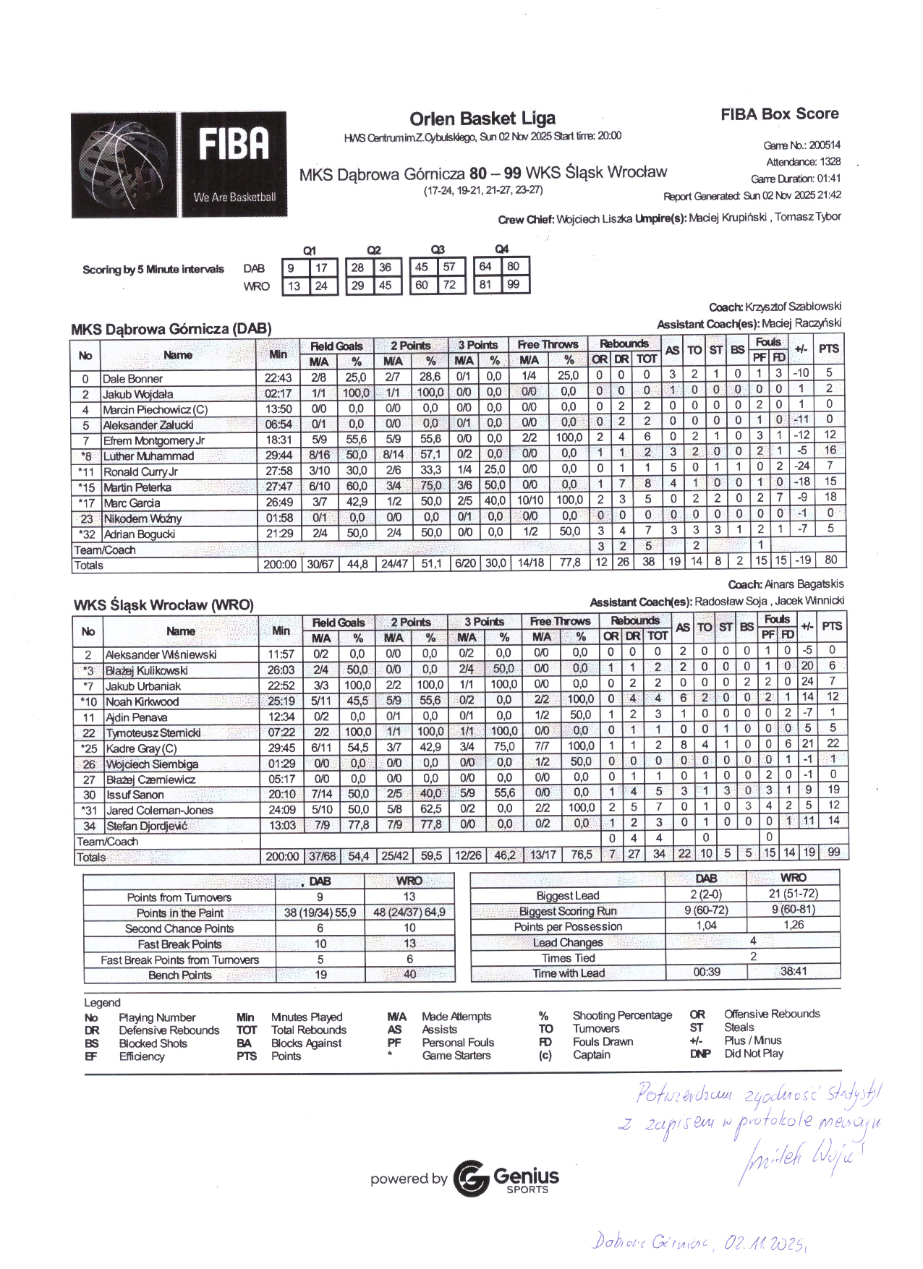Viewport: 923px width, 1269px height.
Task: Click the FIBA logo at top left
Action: tap(179, 164)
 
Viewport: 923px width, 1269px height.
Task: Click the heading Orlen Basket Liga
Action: tap(482, 119)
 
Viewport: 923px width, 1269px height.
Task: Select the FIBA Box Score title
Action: tap(779, 114)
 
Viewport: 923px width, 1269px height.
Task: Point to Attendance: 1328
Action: tap(803, 162)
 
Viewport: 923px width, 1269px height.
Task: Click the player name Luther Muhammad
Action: tap(148, 456)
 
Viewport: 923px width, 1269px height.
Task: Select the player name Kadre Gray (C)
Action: tap(141, 748)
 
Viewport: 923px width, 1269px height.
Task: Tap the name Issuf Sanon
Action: tap(135, 795)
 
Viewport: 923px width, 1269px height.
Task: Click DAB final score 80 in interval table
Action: tap(513, 266)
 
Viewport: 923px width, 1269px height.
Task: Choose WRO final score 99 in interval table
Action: tap(513, 284)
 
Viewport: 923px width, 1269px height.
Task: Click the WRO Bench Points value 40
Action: tap(409, 975)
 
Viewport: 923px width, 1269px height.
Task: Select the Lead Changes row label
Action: tap(567, 942)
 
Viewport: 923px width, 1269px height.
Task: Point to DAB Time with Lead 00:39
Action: tap(706, 973)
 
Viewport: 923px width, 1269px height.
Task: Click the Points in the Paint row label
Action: tap(179, 913)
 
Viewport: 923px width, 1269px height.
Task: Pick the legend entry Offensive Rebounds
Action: tap(771, 1014)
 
